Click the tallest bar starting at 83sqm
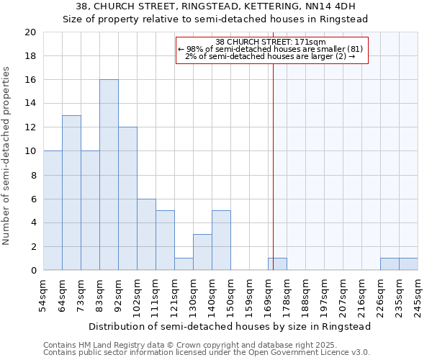[109, 175]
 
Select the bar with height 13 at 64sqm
[71, 193]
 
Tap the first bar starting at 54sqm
[53, 210]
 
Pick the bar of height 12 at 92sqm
[127, 199]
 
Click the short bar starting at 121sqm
[184, 264]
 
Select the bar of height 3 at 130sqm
[202, 252]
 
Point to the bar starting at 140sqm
[221, 240]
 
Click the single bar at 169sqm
[277, 264]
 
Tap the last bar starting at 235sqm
[408, 264]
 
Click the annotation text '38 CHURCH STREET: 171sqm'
[271, 42]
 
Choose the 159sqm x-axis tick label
[249, 295]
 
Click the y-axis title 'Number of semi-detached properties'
[7, 156]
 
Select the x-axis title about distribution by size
[230, 326]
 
